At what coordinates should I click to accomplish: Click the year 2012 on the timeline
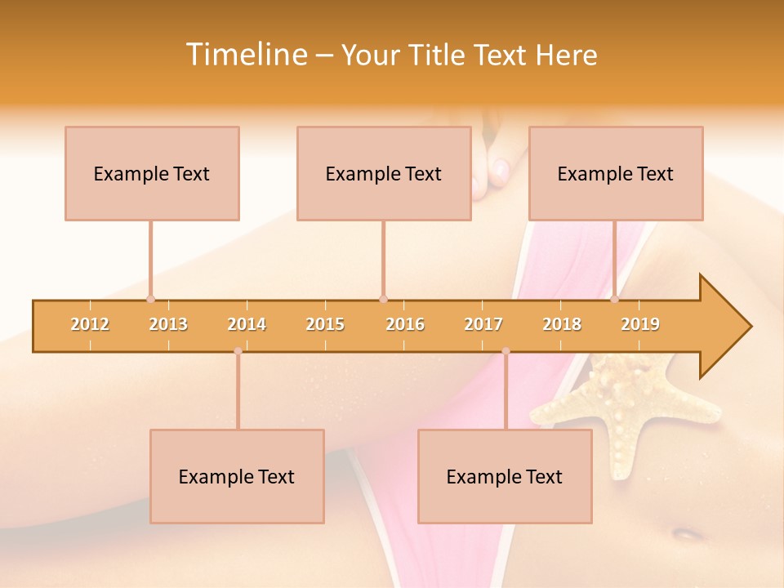click(x=90, y=324)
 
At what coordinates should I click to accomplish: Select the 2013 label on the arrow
click(x=168, y=324)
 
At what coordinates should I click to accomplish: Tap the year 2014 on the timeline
click(x=247, y=324)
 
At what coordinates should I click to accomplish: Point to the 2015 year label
click(x=325, y=324)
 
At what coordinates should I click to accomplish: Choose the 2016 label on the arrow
click(x=405, y=324)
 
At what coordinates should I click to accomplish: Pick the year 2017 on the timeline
click(x=483, y=324)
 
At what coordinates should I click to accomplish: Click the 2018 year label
click(x=562, y=324)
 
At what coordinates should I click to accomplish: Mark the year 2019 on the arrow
click(x=640, y=324)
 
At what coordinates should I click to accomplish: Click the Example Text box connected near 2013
click(x=152, y=173)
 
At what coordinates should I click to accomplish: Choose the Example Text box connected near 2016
click(x=384, y=173)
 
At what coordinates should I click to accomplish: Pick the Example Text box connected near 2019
click(x=616, y=173)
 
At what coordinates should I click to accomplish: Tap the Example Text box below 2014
click(x=237, y=476)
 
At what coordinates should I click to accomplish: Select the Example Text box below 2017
click(x=505, y=476)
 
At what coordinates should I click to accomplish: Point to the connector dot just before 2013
click(x=150, y=299)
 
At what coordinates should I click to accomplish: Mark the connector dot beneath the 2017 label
click(x=506, y=351)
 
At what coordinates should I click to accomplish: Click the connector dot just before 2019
click(x=615, y=299)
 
